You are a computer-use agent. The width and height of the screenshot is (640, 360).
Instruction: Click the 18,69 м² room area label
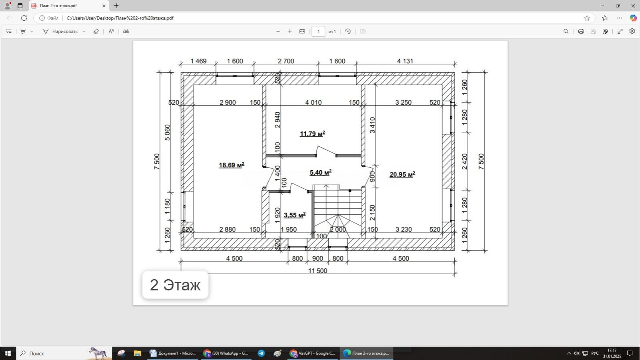[231, 165]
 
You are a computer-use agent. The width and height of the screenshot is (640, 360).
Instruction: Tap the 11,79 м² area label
[312, 134]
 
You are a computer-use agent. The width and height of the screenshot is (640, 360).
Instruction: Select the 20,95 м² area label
[402, 174]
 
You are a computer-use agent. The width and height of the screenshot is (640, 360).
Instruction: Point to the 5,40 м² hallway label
[321, 172]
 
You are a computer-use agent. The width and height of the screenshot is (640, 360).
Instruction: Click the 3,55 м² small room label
[295, 215]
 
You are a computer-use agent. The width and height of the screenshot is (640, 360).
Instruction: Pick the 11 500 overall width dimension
[318, 271]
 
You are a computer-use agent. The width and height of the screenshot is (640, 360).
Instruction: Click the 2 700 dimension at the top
[286, 61]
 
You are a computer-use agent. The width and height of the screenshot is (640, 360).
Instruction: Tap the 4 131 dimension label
[405, 61]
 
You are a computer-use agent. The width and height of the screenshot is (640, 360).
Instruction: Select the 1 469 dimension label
[198, 61]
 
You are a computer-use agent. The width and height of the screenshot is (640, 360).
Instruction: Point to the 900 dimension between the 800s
[317, 258]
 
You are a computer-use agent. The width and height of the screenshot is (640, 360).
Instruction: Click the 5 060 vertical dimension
[167, 132]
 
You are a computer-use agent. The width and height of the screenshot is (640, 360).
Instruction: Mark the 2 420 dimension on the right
[465, 162]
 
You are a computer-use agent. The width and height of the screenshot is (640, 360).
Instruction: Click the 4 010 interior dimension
[313, 102]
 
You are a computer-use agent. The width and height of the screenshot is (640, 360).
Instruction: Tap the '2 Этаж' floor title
[175, 285]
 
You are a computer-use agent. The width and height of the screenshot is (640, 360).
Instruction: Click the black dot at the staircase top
[350, 191]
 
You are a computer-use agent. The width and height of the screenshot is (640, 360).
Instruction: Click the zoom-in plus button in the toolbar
[290, 32]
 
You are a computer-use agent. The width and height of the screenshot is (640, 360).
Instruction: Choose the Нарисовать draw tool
[60, 32]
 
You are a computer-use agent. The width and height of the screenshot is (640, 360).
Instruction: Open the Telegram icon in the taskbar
[261, 354]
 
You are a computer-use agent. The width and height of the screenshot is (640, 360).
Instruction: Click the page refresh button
[24, 18]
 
